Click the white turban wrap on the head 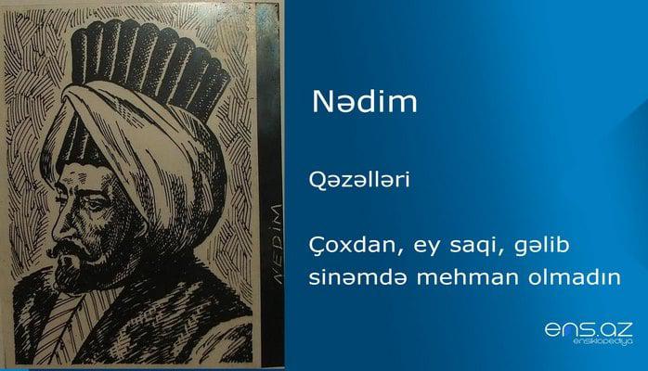149,139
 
